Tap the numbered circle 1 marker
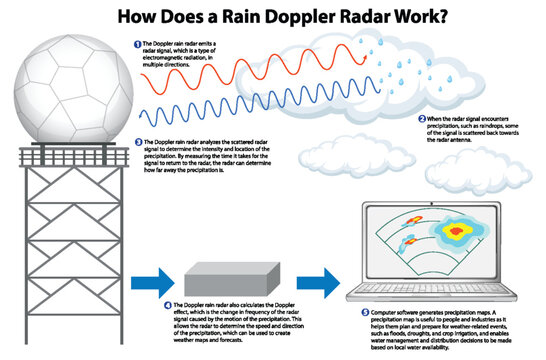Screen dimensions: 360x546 (136, 45)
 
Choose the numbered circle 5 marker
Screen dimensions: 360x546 (363, 313)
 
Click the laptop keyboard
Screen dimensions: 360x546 (439, 289)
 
